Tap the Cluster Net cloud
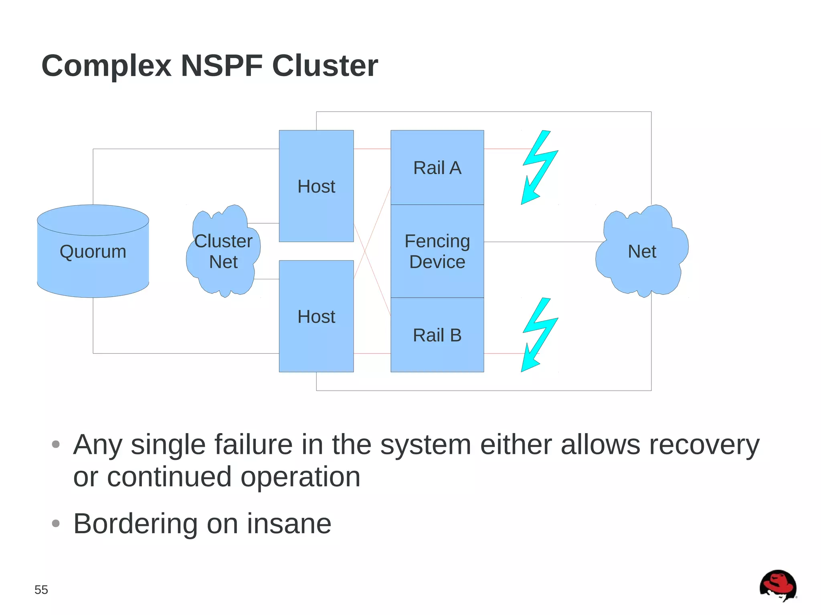coord(223,252)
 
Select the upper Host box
coord(316,186)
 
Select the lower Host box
coord(316,316)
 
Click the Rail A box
coord(437,167)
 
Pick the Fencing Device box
coord(437,251)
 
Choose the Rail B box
coord(437,335)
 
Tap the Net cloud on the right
coord(642,251)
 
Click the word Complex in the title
coord(106,66)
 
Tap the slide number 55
coord(41,589)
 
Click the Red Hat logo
coord(778,585)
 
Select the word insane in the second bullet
coord(289,524)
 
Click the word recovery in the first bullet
coord(704,445)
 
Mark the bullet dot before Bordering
coord(56,523)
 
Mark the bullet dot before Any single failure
coord(56,444)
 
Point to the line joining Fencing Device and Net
coord(543,242)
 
